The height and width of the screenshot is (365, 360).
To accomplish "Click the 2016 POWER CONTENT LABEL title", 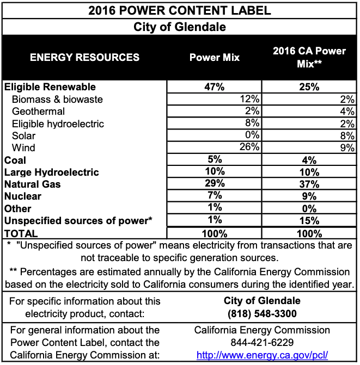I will (180, 10).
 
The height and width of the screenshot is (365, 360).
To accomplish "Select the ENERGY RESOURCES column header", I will (84, 57).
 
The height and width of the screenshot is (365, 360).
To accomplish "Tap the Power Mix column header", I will (214, 57).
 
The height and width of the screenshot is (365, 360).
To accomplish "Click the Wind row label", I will (23, 148).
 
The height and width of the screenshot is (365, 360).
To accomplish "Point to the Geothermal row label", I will (38, 112).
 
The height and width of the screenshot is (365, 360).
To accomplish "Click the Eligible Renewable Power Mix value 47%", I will (214, 87).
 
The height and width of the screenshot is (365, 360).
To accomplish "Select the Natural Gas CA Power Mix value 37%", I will (309, 184).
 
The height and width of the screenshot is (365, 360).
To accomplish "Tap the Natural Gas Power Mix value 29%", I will (214, 184).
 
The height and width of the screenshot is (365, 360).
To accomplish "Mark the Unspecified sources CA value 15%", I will (309, 220).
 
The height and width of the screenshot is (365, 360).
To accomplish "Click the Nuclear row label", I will (23, 196).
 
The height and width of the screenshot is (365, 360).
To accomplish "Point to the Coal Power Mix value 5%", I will (214, 160).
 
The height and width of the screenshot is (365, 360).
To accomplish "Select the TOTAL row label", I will (21, 233).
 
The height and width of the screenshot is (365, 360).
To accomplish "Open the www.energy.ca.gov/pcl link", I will (262, 355).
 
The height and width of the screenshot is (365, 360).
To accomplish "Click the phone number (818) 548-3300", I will (262, 313).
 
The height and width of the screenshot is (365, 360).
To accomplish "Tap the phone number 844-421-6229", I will (262, 343).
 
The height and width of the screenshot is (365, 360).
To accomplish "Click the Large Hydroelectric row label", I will (51, 172).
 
